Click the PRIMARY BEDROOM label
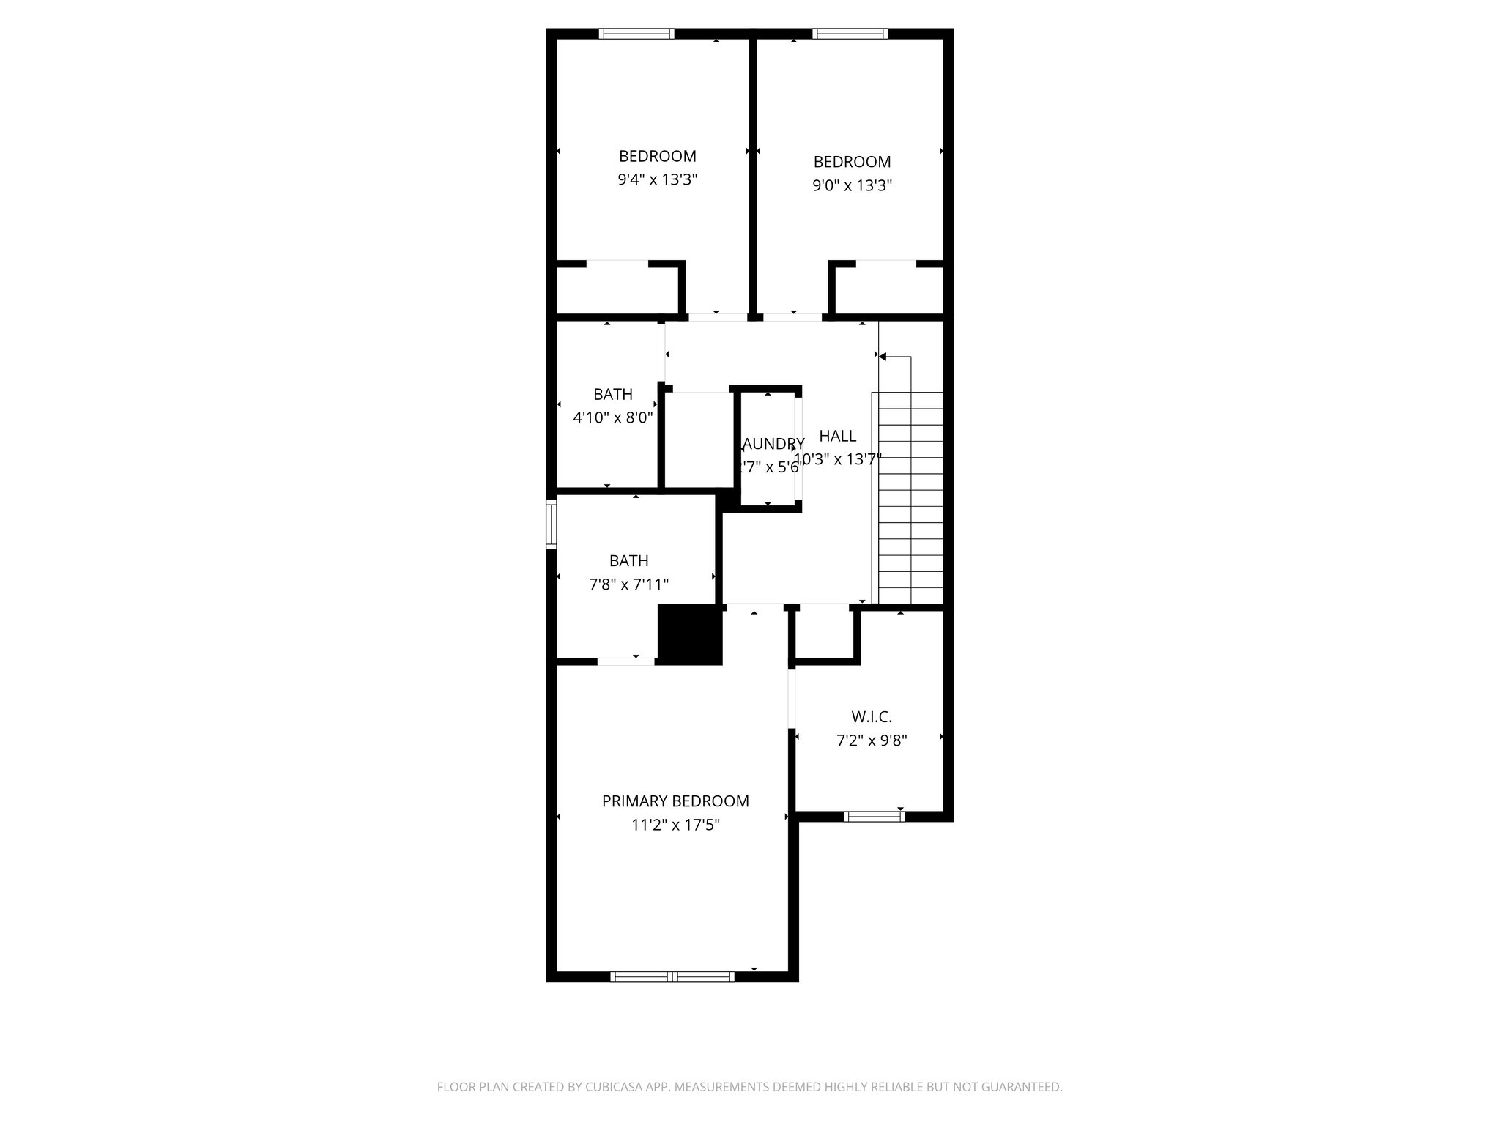pos(675,801)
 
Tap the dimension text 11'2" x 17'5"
pos(675,825)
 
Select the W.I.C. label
pos(872,717)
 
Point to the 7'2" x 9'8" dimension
pos(872,740)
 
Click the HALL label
pos(837,437)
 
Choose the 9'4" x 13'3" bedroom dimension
pos(657,179)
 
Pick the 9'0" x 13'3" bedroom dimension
pos(852,185)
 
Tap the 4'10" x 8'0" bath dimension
pos(612,418)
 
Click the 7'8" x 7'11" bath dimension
pos(628,584)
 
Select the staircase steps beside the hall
pos(910,498)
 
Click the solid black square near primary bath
pos(690,634)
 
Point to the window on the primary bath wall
pos(551,524)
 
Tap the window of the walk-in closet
pos(873,816)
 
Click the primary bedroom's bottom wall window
pos(672,976)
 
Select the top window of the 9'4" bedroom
pos(636,33)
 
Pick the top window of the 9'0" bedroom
pos(850,33)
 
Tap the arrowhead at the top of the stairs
pos(883,357)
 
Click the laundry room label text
pos(773,444)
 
